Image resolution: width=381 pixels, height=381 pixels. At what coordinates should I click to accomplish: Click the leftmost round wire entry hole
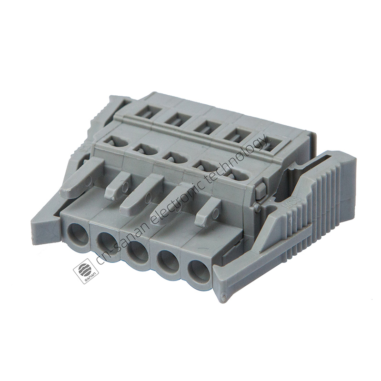pyautogui.click(x=77, y=233)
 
